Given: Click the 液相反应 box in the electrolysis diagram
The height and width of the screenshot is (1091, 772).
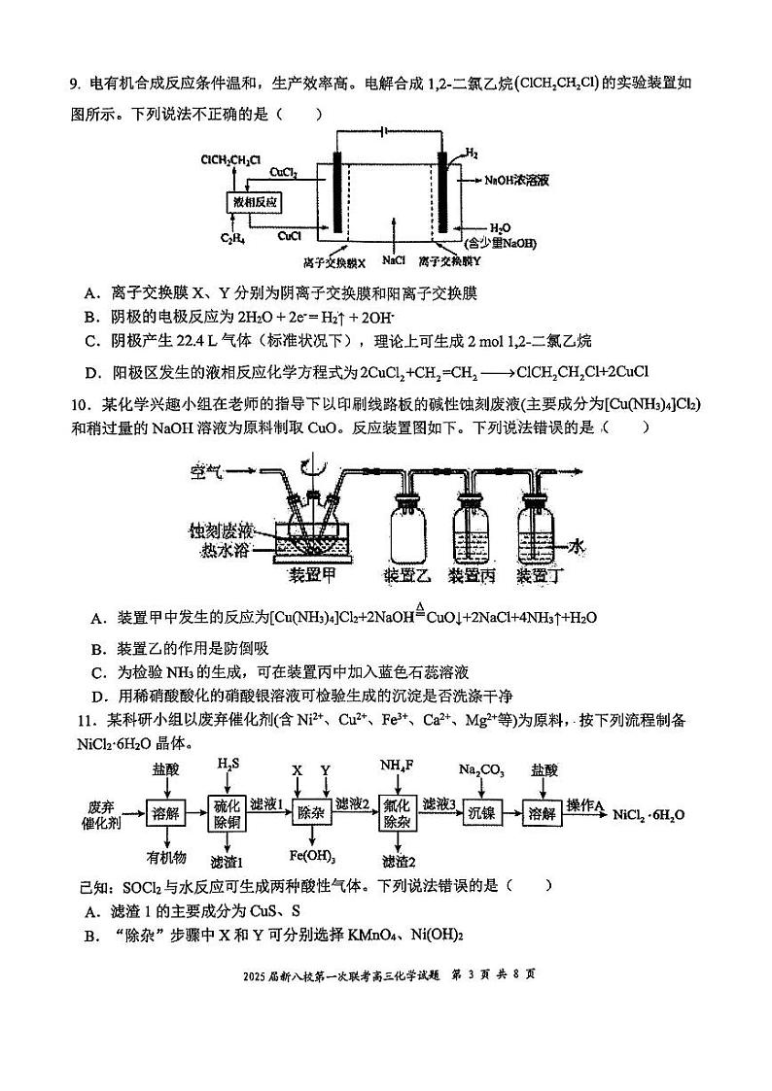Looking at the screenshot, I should [256, 202].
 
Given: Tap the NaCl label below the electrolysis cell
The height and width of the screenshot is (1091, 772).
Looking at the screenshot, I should [393, 261].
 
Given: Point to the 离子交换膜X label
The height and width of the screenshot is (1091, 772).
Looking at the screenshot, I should [333, 262].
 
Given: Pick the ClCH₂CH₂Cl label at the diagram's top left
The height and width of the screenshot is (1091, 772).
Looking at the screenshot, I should [230, 158].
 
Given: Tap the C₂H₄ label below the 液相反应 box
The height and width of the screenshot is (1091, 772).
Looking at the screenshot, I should [231, 238].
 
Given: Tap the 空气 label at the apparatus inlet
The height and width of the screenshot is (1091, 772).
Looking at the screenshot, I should [207, 473].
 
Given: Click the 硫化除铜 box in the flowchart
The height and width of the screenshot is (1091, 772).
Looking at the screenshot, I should [228, 813].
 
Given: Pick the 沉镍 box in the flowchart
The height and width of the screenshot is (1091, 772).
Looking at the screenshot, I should [487, 813].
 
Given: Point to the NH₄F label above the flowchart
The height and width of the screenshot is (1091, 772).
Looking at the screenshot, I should [397, 765].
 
